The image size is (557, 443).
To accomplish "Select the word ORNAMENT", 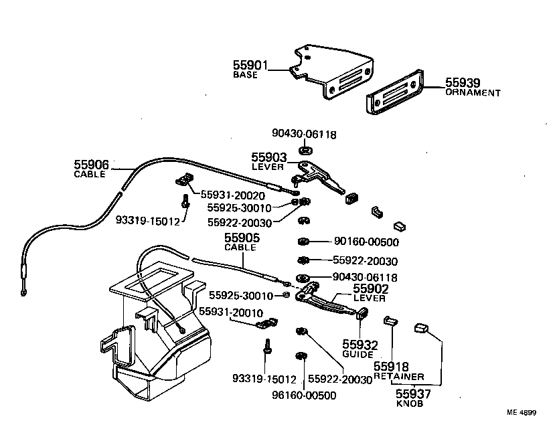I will (x=473, y=93).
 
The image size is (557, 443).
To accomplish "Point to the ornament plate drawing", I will (x=396, y=92).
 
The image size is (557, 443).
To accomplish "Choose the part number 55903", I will (x=268, y=157).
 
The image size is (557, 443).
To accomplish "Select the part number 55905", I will (x=240, y=238).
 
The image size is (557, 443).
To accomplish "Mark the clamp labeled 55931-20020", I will (x=185, y=179).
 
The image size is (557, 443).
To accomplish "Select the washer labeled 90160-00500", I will (x=303, y=241).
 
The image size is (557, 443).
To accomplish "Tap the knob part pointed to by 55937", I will (x=421, y=327).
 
